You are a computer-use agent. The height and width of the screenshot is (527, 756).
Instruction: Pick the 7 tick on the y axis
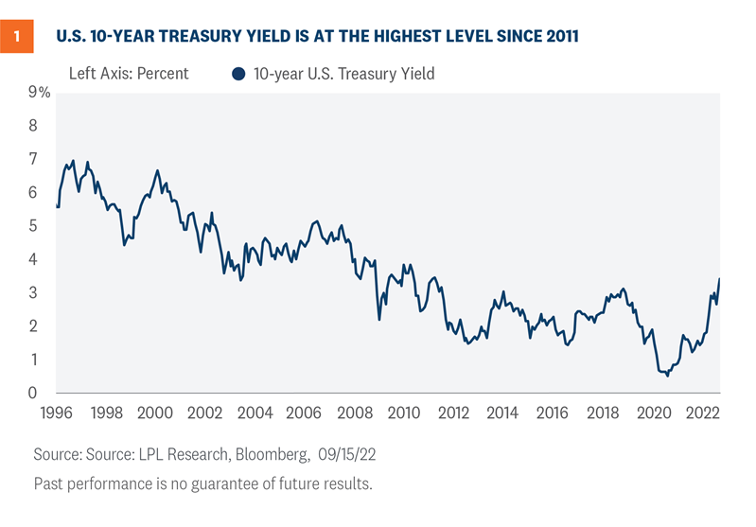34,159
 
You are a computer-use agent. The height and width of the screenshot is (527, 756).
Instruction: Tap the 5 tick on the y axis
34,226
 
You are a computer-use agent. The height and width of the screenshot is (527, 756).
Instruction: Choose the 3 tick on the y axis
34,293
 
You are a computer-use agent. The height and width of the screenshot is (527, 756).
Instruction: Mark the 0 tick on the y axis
34,394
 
